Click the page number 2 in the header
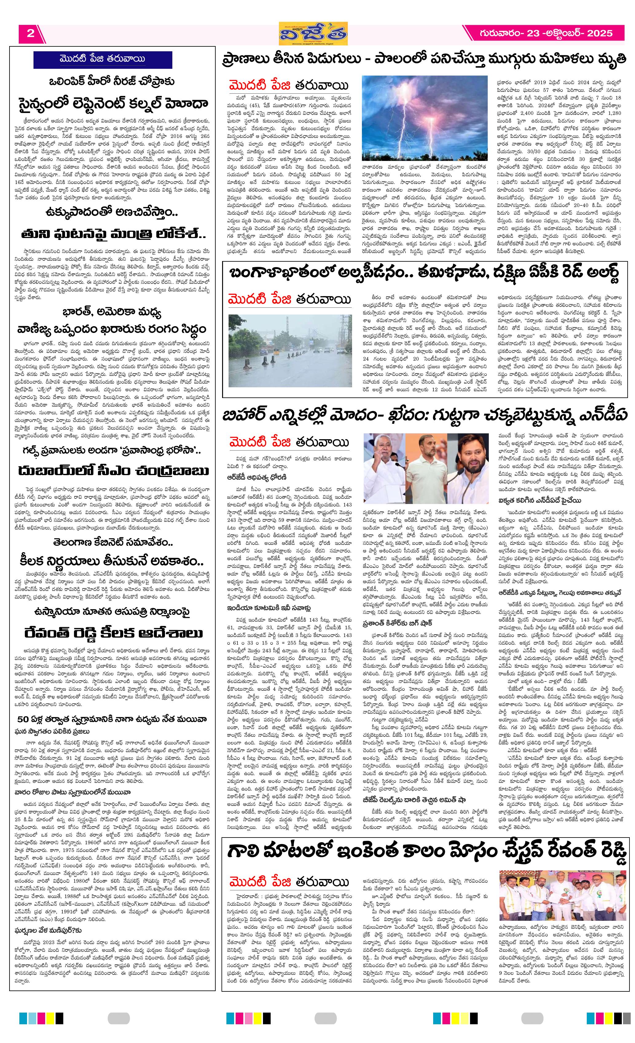click(x=30, y=33)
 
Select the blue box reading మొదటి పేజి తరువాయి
click(x=102, y=59)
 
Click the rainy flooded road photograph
click(x=290, y=350)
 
